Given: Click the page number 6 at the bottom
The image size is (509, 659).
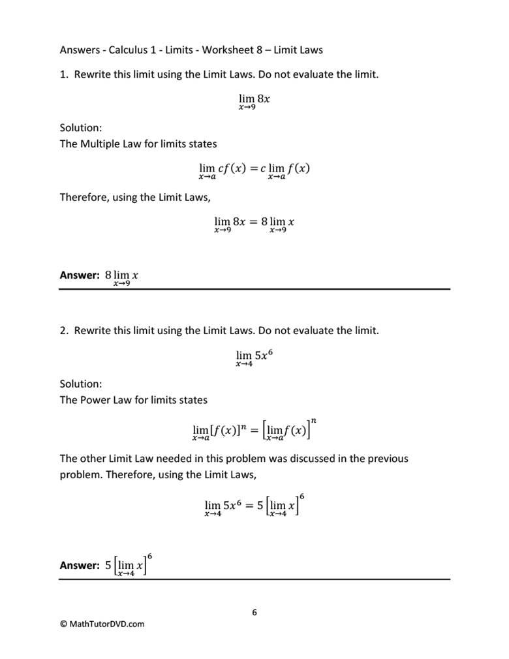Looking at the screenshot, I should tap(254, 612).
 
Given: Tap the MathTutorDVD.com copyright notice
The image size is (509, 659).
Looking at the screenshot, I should tap(102, 624).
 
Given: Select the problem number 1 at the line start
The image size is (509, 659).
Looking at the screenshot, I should tap(63, 74).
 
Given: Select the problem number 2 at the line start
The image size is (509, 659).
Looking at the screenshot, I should tap(63, 330).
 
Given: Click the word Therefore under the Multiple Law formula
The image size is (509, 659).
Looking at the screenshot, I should tap(84, 197).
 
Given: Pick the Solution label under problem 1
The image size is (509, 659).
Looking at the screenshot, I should tap(81, 128).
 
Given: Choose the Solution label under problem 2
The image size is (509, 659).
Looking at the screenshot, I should tap(81, 384).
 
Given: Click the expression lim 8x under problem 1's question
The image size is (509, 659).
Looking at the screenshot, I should tap(254, 100).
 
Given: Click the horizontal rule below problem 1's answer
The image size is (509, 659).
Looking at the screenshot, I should tap(254, 289).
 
